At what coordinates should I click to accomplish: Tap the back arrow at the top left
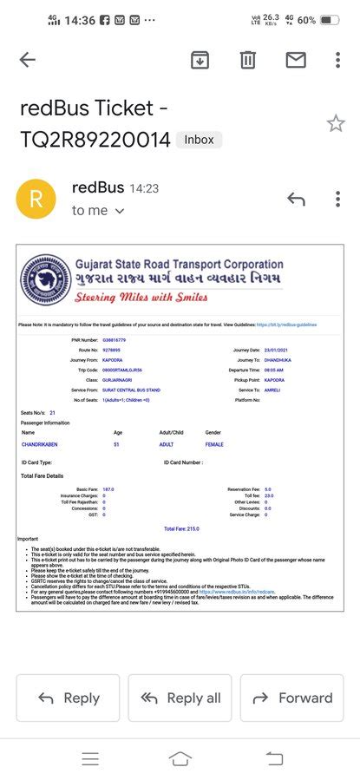pos(28,60)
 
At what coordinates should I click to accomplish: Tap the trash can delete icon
pos(248,60)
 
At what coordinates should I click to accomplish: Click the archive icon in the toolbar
pos(200,60)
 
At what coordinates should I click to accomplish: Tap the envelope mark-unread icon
pos(296,60)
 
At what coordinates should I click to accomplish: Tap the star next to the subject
pos(336,123)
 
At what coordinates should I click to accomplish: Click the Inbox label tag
pos(199,139)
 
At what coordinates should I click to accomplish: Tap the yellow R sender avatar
pos(36,199)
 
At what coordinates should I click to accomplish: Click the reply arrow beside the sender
pos(297,199)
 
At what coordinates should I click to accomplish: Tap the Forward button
pos(291,698)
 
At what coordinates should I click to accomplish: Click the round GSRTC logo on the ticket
pos(45,280)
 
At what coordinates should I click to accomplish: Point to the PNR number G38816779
pos(115,340)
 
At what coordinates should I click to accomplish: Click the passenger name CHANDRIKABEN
pos(39,444)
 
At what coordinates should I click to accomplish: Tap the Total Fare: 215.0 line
pos(181,528)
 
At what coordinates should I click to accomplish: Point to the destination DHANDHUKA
pos(281,359)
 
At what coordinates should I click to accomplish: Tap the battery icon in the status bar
pos(330,19)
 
